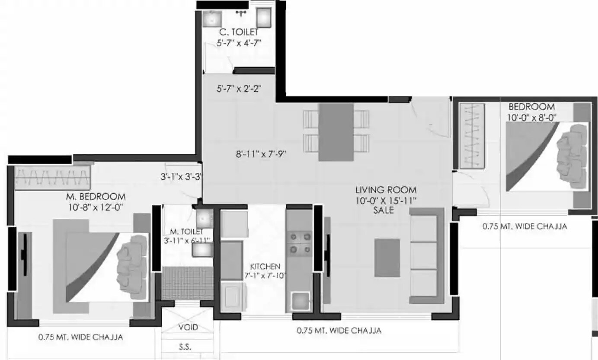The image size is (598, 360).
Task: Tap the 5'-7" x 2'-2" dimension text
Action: point(239,89)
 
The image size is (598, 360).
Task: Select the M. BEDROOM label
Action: point(96,197)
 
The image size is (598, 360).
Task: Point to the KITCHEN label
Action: point(265,266)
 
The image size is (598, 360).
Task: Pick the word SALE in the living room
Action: point(384,210)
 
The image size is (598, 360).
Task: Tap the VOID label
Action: point(189,327)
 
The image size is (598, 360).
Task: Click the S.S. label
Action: point(185,347)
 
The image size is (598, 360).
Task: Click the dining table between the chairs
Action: point(336,132)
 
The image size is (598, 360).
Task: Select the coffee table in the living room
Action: point(387,258)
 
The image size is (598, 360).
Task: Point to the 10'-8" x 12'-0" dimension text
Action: point(96,207)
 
